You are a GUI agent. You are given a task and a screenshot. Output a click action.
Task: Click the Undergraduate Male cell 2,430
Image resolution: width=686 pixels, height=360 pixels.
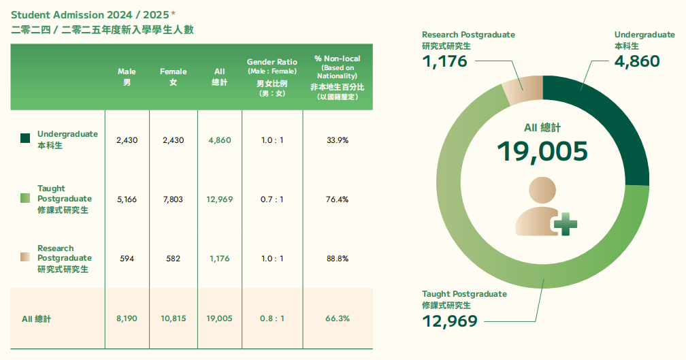click(127, 140)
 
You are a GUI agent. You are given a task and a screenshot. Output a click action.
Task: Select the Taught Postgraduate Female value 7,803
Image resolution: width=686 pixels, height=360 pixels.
click(173, 199)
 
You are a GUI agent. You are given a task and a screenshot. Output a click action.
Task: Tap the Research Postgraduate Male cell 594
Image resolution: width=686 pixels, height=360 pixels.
click(127, 259)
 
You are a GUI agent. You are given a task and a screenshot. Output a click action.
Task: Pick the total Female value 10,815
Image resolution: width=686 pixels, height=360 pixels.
click(173, 318)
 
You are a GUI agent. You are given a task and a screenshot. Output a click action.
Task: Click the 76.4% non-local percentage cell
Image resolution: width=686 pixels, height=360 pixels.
click(338, 199)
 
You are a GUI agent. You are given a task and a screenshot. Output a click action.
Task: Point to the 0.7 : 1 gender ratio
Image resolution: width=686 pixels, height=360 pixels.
click(272, 199)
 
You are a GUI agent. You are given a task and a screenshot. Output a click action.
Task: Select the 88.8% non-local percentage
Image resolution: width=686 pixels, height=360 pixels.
click(338, 259)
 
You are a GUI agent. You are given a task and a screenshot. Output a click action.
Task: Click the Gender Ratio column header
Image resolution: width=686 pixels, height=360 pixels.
click(272, 77)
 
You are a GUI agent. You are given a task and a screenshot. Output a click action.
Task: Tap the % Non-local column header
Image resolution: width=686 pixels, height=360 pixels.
click(338, 77)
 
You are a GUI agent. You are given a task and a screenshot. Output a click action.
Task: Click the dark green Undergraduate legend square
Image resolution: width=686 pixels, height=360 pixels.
click(25, 138)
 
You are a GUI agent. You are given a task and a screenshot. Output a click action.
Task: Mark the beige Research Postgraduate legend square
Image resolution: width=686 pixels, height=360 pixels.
click(25, 257)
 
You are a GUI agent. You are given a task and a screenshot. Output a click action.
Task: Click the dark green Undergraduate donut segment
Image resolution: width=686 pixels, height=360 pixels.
click(612, 122)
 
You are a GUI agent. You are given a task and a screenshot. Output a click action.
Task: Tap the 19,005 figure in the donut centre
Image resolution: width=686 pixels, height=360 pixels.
click(542, 151)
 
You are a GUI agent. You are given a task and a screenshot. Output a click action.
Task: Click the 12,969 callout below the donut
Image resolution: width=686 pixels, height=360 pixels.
click(450, 321)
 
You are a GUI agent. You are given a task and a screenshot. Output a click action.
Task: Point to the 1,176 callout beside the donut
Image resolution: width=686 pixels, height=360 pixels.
click(445, 61)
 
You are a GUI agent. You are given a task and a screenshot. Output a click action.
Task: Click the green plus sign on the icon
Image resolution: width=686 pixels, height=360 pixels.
click(565, 223)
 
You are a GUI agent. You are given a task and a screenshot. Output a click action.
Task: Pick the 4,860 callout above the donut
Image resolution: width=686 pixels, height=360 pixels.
click(636, 61)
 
